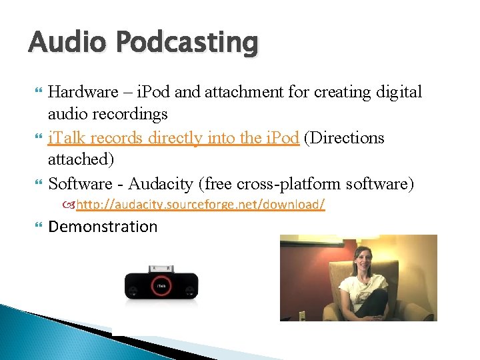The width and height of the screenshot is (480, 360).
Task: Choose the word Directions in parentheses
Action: point(349,138)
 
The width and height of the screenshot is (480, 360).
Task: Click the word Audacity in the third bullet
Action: point(159,183)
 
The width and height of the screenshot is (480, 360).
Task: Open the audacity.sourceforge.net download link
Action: point(200,205)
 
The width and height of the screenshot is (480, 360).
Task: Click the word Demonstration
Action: point(103,227)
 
